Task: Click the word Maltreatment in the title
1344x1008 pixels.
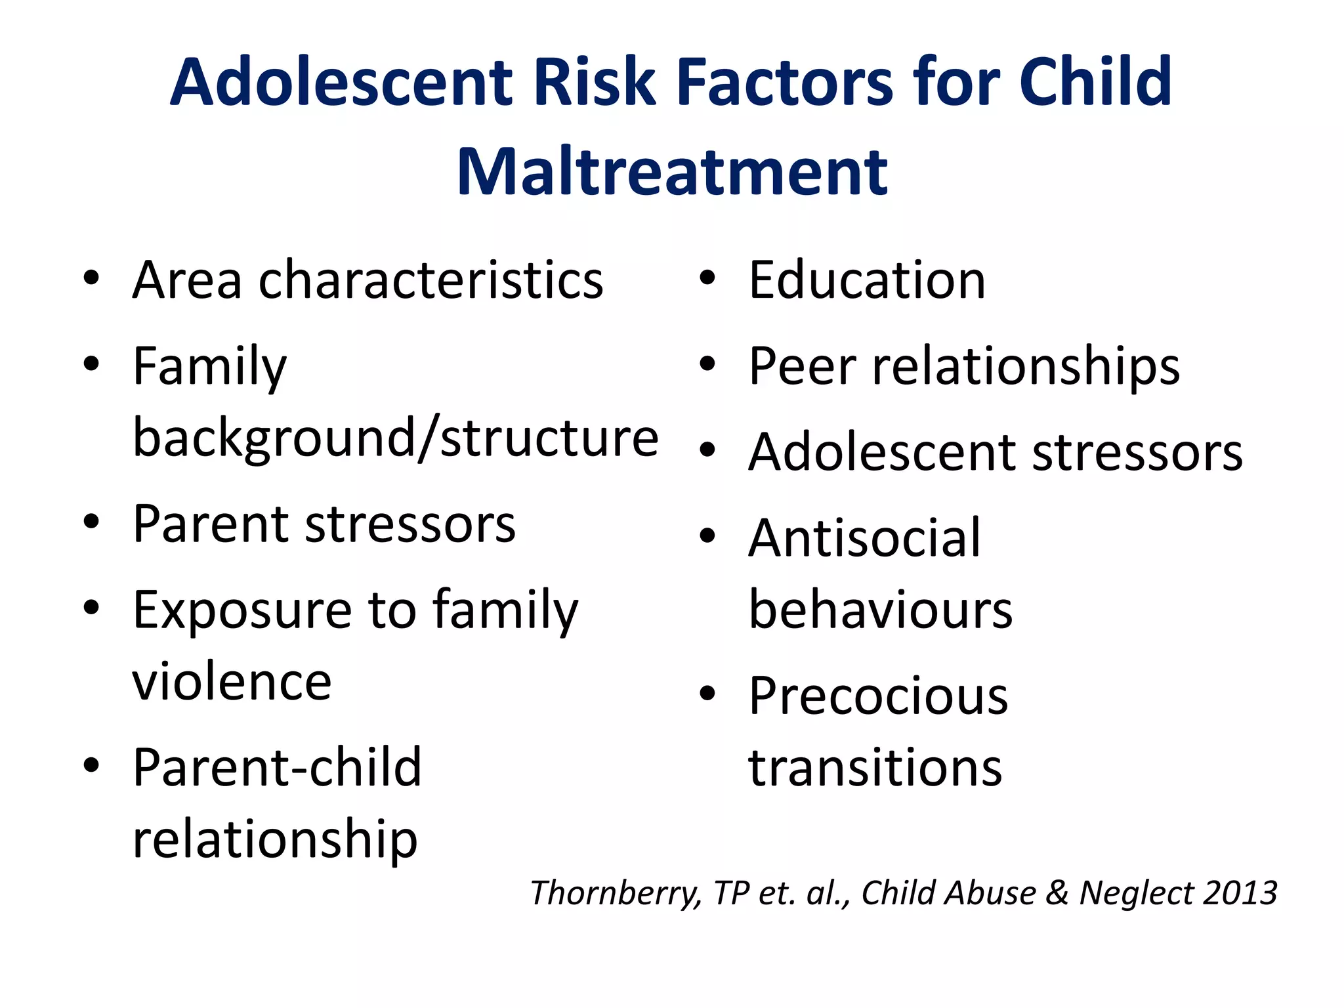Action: [672, 172]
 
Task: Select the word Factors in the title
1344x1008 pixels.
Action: [785, 83]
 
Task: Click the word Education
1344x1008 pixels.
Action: [867, 280]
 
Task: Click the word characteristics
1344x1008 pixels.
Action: [430, 280]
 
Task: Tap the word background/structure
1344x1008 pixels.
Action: [396, 438]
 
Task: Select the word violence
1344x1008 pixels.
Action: [232, 682]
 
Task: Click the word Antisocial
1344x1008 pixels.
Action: [864, 538]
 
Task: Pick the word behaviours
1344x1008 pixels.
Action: [881, 610]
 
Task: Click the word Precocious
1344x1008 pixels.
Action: [878, 696]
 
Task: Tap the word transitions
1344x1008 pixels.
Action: [875, 768]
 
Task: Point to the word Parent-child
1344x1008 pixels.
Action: [277, 767]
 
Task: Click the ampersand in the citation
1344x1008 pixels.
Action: [1057, 893]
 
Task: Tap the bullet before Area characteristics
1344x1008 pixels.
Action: [91, 278]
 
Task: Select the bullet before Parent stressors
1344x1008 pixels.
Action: [91, 522]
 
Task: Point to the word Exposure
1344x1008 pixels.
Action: [241, 610]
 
